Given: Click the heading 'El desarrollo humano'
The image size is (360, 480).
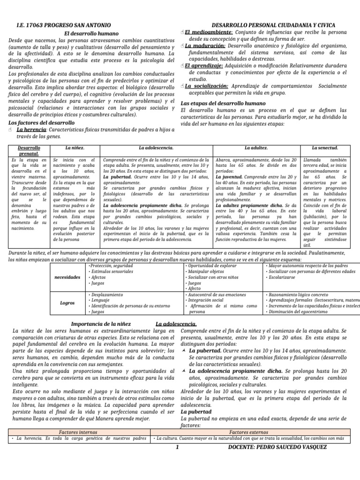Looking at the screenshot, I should [91, 33].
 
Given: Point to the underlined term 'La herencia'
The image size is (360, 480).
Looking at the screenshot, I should [31, 129].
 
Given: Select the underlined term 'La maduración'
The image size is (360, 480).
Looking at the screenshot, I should [205, 46].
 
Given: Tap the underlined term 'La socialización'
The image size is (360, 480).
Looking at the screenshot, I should [207, 86].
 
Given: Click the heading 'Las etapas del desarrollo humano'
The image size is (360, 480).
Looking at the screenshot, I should [223, 103].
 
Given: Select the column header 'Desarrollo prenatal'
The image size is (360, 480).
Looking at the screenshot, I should [29, 150].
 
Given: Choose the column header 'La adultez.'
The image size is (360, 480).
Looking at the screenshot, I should [256, 148].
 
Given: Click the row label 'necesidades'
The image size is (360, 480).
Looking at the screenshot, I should [67, 277].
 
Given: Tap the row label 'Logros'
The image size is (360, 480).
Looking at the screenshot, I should [67, 303].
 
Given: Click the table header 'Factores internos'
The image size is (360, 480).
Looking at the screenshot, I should [78, 431].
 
